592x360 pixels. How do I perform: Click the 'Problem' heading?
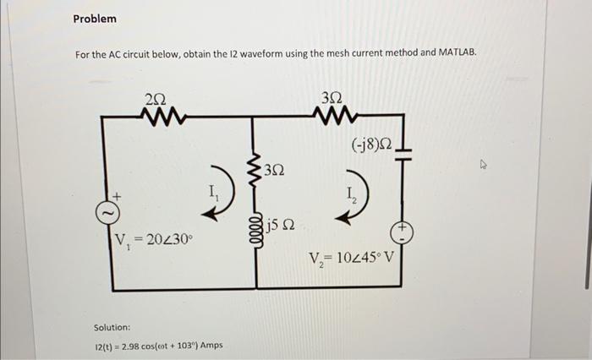[95, 19]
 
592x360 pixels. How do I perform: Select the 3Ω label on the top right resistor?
[330, 98]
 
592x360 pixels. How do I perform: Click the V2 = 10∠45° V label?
[351, 258]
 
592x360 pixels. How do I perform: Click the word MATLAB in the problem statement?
[455, 53]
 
